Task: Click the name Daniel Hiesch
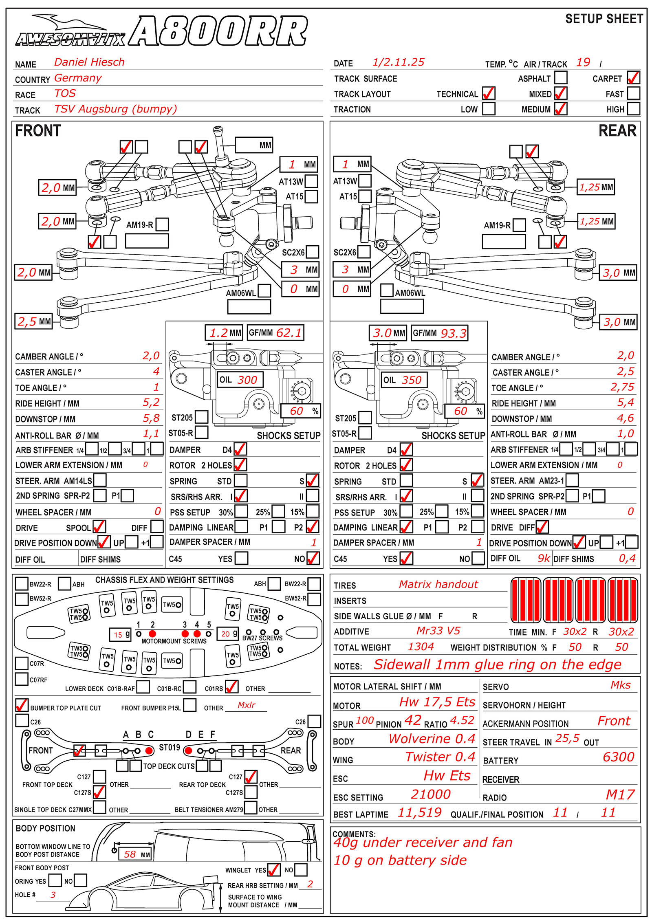(x=89, y=62)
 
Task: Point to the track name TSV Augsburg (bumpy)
(x=116, y=109)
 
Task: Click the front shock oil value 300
(x=247, y=380)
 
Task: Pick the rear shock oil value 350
(x=411, y=380)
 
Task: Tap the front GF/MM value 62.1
(x=289, y=333)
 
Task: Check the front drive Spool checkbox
(x=99, y=526)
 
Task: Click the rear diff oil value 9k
(x=544, y=558)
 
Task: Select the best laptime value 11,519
(x=419, y=813)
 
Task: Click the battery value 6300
(x=618, y=757)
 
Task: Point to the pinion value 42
(x=412, y=721)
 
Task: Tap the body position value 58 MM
(x=130, y=854)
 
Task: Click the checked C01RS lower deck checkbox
(x=231, y=687)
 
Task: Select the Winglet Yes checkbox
(x=273, y=870)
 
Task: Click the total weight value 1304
(x=421, y=647)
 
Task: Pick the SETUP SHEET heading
(x=604, y=19)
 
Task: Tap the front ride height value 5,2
(x=151, y=403)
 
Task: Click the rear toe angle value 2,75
(x=622, y=387)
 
